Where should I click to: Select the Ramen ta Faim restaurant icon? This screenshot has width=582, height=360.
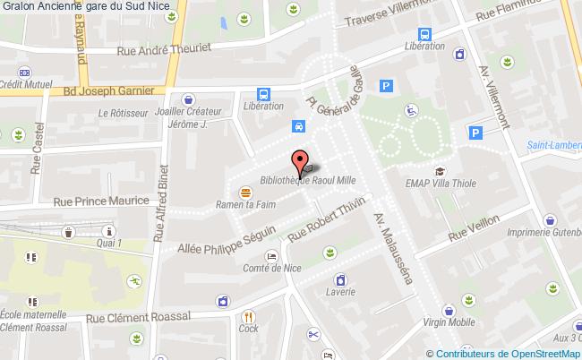(244, 192)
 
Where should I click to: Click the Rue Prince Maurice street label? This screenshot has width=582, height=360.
(100, 202)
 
